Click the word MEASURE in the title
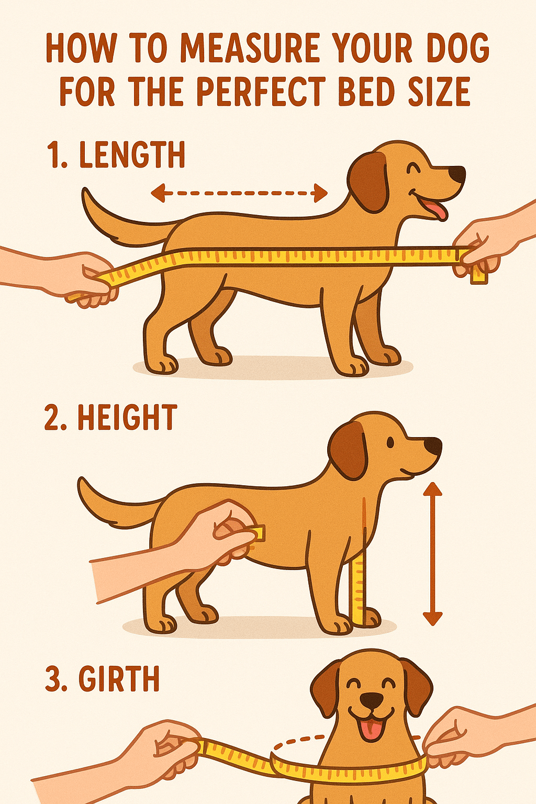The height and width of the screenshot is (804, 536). click(x=250, y=48)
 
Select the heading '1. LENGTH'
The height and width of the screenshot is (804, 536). click(x=116, y=155)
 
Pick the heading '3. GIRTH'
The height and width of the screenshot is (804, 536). click(x=103, y=679)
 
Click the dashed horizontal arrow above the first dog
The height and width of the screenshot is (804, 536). click(x=239, y=193)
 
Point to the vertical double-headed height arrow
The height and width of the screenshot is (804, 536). click(x=432, y=554)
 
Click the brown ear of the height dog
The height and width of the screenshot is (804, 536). click(x=348, y=449)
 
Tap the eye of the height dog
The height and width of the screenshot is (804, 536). click(x=390, y=443)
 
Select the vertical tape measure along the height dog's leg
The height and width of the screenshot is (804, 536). click(x=359, y=589)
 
